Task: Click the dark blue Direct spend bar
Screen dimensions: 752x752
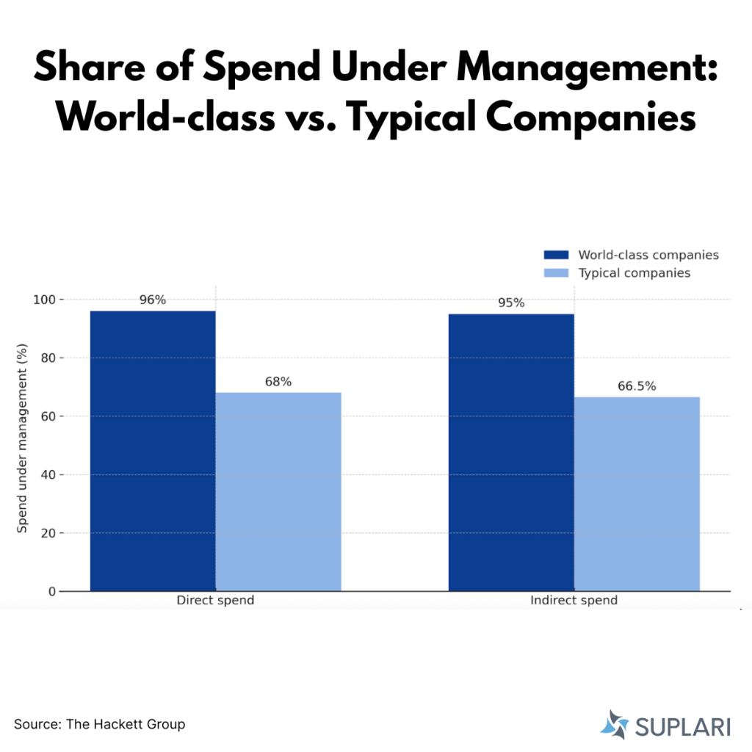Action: [153, 450]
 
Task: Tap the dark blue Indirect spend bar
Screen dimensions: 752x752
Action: [511, 452]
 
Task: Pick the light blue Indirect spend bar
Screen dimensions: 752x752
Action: [637, 493]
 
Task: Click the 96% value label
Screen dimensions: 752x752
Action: [153, 300]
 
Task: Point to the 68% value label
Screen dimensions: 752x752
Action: [278, 382]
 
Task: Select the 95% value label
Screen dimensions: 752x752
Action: [511, 303]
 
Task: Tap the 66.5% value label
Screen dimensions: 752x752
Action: [637, 386]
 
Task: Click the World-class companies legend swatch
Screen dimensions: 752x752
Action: [556, 255]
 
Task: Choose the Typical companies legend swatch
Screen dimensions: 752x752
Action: [556, 273]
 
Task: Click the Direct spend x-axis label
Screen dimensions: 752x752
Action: [215, 601]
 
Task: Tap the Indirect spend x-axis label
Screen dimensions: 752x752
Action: [574, 601]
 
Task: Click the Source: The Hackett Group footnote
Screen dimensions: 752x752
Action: [100, 724]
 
